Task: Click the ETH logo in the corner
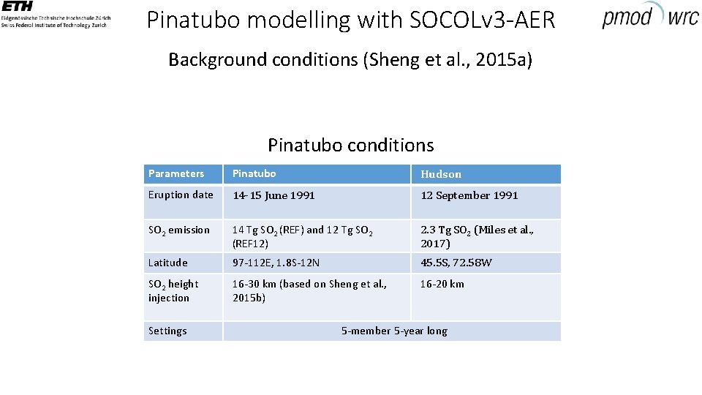click(54, 15)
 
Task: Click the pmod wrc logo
click(649, 15)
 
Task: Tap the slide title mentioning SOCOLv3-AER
click(351, 20)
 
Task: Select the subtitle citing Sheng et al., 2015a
click(350, 59)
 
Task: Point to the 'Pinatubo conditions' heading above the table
click(350, 145)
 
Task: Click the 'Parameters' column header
click(176, 173)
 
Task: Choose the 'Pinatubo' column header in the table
click(254, 173)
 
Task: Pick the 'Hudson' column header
click(441, 174)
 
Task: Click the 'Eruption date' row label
click(181, 195)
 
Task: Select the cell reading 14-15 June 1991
click(273, 195)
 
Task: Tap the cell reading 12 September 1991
click(469, 195)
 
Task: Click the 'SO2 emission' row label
click(179, 230)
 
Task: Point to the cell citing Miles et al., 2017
click(477, 236)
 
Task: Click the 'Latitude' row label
click(168, 263)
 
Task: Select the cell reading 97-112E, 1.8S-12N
click(276, 263)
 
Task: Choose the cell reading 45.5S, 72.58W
click(456, 263)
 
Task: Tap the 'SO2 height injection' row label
click(173, 290)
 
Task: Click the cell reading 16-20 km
click(442, 284)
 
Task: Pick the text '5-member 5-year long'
click(394, 331)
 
